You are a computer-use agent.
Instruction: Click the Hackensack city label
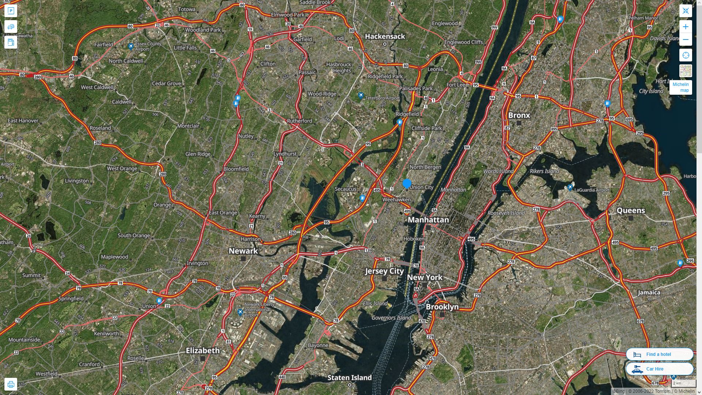(x=385, y=36)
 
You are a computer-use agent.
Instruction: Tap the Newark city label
(x=243, y=251)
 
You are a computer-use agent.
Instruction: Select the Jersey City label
(x=384, y=271)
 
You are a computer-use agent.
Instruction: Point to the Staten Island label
(x=349, y=377)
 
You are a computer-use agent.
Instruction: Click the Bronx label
(x=519, y=115)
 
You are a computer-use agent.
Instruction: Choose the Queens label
(x=631, y=210)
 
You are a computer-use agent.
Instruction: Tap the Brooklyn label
(x=442, y=307)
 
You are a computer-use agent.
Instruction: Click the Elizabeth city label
(x=203, y=350)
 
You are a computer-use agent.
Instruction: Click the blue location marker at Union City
(x=407, y=184)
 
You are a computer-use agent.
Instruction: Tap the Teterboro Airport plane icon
(x=361, y=96)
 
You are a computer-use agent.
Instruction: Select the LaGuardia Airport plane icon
(x=570, y=188)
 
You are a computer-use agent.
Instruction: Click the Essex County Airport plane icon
(x=131, y=46)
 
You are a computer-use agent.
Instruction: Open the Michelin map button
(x=680, y=87)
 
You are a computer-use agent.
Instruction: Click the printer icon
(x=11, y=384)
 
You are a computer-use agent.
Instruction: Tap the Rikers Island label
(x=544, y=171)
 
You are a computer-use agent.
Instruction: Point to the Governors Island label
(x=391, y=318)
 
